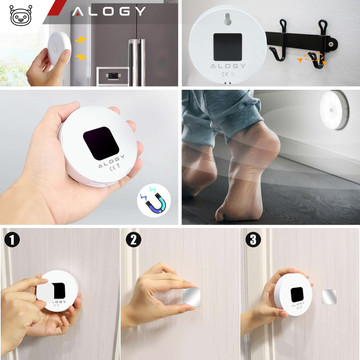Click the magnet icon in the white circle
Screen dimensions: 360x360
[x=156, y=202]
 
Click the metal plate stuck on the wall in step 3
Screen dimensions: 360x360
[x=333, y=296]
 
